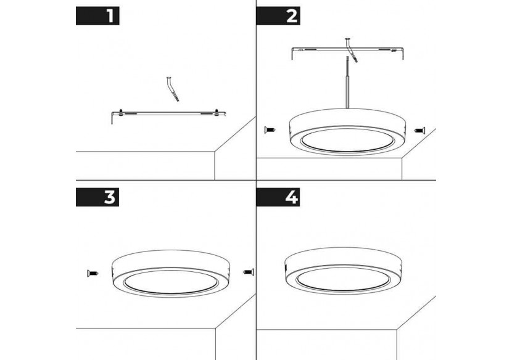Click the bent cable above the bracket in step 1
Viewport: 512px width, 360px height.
pos(172,89)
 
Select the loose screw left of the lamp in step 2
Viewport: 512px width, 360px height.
pos(269,130)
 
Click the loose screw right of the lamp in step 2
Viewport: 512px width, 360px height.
pos(420,130)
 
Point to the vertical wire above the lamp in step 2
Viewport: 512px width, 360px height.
pos(347,86)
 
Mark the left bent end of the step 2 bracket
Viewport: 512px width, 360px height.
pos(291,55)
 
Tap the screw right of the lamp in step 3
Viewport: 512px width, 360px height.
pos(248,271)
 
